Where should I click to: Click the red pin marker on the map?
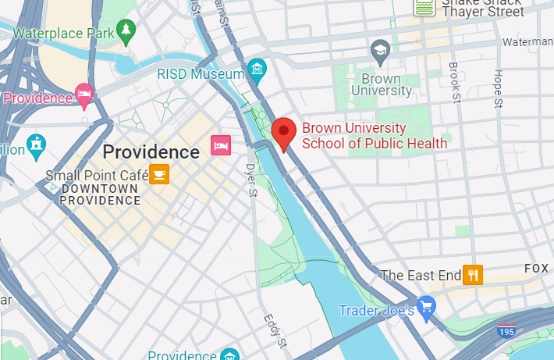(283, 134)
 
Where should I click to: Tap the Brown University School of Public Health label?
(375, 136)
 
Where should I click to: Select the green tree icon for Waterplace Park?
(126, 31)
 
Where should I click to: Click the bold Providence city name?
(151, 151)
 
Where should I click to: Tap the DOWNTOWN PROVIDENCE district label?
(101, 194)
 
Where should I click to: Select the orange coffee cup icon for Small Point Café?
(159, 173)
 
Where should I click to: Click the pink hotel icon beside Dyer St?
(221, 145)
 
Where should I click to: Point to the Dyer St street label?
(250, 179)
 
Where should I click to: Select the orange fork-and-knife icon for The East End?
(473, 275)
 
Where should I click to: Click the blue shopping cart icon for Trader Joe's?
(425, 306)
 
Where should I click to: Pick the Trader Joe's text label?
(376, 310)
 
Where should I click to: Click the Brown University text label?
(382, 84)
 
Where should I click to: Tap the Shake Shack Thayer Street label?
(482, 8)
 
